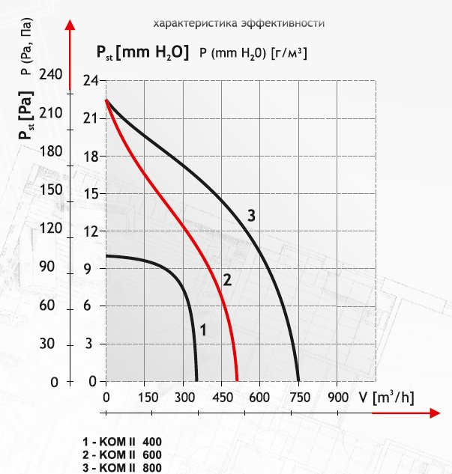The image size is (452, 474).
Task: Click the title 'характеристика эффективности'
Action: point(238,23)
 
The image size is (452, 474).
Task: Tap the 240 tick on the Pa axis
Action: point(50,74)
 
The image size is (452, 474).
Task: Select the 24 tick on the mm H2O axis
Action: point(91,81)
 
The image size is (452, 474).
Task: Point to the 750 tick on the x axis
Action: point(300,397)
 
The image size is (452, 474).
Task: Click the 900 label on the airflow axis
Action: point(338,397)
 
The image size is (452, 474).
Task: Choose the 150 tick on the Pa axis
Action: point(50,190)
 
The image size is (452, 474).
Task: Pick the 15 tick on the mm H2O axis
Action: point(91,193)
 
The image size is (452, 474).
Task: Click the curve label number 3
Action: point(251,216)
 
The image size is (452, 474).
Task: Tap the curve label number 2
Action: point(227,280)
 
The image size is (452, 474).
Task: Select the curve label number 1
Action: point(203,329)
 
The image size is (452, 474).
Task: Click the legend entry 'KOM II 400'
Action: point(122,442)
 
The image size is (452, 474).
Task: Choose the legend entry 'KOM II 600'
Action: point(122,455)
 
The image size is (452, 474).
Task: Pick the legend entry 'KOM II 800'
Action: point(122,467)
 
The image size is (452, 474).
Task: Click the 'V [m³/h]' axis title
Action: point(386,398)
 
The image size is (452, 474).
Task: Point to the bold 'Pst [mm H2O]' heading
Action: point(142,52)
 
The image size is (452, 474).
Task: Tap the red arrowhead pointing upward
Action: point(70,25)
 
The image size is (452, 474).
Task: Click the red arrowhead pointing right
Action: point(435,413)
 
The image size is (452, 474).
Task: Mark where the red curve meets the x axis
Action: point(237,381)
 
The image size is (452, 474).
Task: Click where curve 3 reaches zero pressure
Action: point(298,381)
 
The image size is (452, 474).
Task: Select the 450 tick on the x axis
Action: point(223,397)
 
